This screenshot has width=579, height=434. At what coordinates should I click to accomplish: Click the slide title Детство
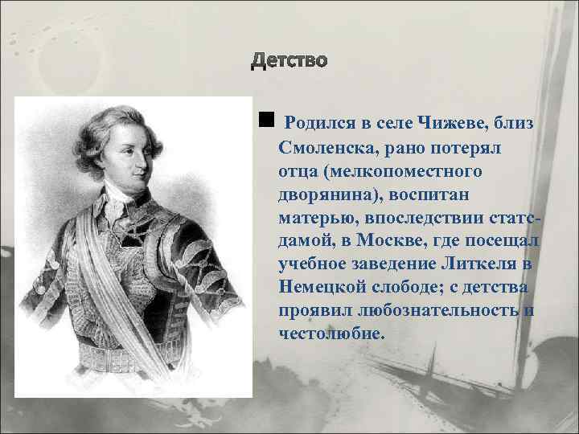[289, 62]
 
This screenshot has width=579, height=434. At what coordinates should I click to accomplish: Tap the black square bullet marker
[266, 121]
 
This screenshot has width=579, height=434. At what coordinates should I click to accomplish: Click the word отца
[298, 171]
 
